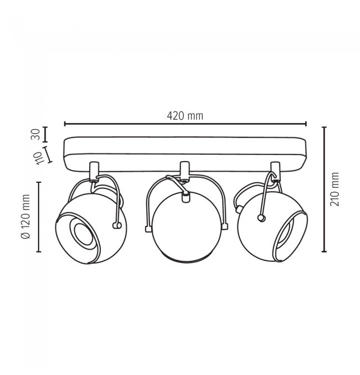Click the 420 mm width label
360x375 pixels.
(x=185, y=116)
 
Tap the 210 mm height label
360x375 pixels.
(x=335, y=189)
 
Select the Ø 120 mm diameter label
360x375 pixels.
(x=26, y=217)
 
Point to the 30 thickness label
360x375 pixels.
(x=35, y=134)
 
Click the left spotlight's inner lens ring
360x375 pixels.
(x=84, y=235)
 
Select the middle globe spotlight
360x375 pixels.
(x=186, y=226)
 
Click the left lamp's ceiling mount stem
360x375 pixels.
(x=94, y=171)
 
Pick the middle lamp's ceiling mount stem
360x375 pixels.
(x=184, y=170)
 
